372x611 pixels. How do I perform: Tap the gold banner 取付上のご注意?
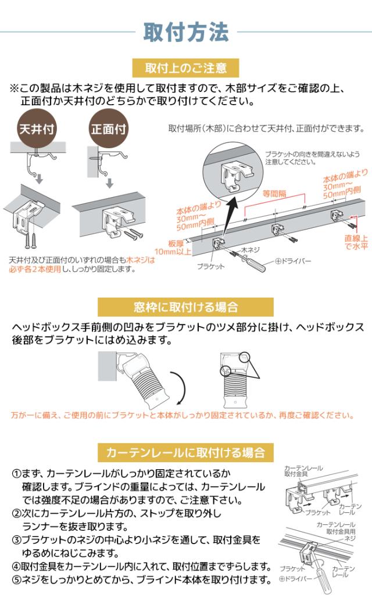click(185, 68)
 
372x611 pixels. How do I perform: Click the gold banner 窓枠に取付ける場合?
click(185, 306)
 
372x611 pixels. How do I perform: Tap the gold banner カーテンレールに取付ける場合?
click(185, 451)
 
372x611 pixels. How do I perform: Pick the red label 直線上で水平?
click(356, 241)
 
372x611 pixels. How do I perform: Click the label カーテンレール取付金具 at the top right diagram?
click(302, 471)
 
